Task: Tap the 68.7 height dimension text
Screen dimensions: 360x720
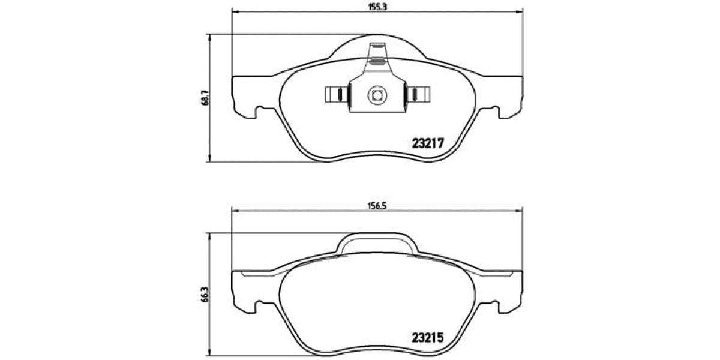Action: click(x=205, y=97)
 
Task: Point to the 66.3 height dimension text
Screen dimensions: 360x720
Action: click(x=205, y=295)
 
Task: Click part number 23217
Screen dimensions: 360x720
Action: click(x=427, y=143)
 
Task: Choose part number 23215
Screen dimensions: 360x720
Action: click(x=427, y=337)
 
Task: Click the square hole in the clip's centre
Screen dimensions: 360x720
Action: click(x=376, y=94)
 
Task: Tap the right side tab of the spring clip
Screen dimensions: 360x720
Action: click(x=419, y=94)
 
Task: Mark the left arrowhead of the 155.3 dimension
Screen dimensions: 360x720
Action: click(x=235, y=11)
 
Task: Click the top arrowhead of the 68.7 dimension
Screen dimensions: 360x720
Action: click(x=209, y=37)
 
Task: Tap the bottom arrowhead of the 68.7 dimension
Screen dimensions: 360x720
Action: click(x=209, y=158)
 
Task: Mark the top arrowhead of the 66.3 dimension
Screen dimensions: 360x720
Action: click(x=209, y=236)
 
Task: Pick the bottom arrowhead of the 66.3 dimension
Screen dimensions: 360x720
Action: click(x=209, y=353)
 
